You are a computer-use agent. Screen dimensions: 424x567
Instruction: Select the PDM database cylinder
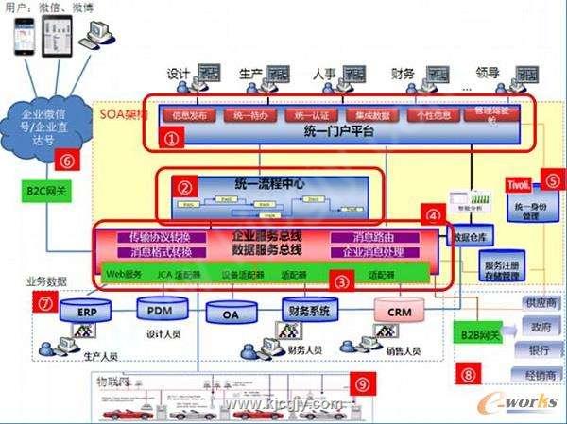point(155,308)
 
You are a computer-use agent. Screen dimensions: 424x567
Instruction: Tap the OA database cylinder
point(226,312)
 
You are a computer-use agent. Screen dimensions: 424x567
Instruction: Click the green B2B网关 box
point(480,332)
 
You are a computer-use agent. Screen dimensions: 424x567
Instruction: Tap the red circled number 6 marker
point(65,160)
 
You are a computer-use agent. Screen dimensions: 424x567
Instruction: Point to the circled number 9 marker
point(361,383)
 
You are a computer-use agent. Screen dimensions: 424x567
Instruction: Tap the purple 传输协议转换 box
point(161,238)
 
